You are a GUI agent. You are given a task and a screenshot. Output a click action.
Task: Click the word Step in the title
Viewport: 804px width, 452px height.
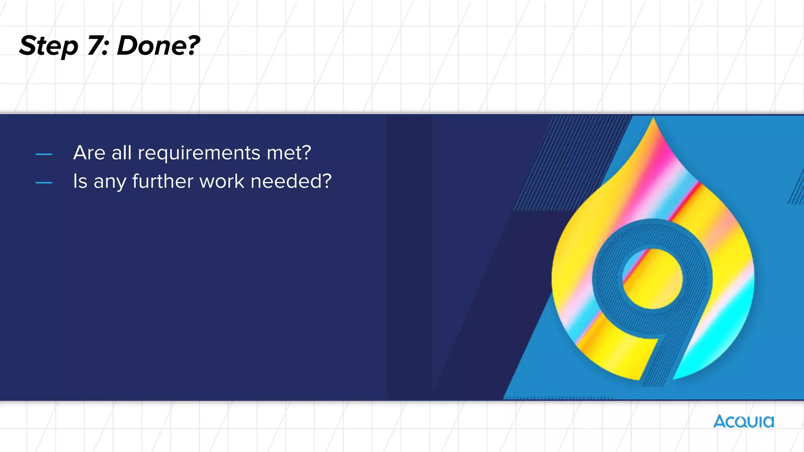coord(49,46)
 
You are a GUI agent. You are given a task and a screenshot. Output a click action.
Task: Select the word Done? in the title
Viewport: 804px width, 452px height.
coord(158,46)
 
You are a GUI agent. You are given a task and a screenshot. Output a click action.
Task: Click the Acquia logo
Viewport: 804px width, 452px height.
coord(744,421)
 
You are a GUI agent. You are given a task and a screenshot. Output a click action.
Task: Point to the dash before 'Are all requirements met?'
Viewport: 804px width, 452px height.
coord(44,155)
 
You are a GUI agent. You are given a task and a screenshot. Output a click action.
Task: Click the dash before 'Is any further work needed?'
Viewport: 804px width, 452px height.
coord(44,183)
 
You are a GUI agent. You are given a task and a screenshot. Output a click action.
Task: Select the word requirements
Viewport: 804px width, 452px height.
coord(199,153)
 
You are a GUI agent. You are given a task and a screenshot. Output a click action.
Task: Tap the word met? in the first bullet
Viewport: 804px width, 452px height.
coord(289,153)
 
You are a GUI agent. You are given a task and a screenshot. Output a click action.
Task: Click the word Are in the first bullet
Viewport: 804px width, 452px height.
coord(89,153)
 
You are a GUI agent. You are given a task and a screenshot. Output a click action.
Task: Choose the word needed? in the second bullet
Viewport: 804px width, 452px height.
coord(291,181)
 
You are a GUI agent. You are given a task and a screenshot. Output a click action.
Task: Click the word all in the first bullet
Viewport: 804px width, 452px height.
coord(121,153)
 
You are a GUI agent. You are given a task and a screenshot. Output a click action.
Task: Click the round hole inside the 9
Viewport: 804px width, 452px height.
coord(652,279)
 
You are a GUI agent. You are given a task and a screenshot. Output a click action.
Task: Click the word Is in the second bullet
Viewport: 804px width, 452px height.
coord(80,181)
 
